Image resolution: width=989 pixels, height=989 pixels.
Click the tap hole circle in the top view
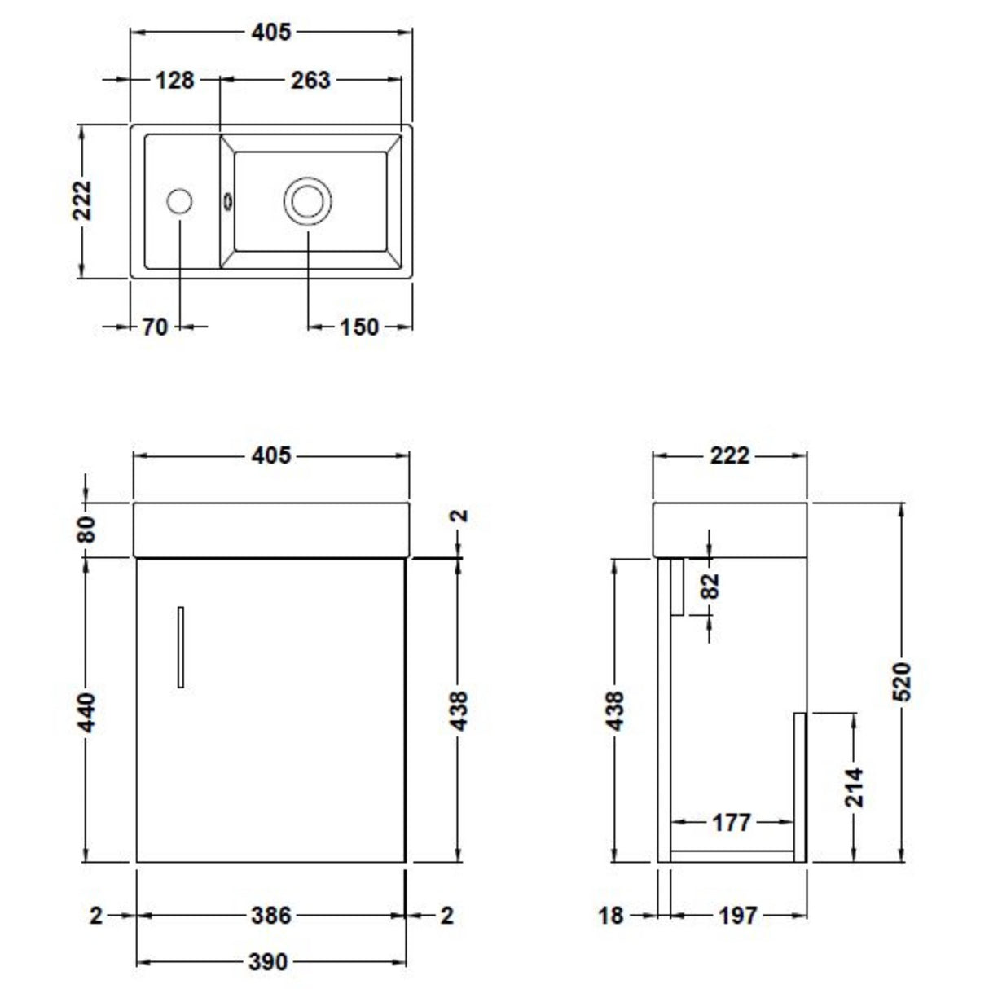click(179, 201)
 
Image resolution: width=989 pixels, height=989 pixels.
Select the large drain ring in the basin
click(307, 200)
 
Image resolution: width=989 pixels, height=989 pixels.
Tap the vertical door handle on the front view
click(180, 647)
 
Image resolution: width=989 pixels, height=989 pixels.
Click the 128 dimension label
click(175, 80)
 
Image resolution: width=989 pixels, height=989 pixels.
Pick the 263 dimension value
click(310, 80)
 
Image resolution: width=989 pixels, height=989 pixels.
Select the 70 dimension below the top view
click(155, 327)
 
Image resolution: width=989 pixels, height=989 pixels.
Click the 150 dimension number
click(358, 327)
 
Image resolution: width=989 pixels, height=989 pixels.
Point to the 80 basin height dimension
click(87, 530)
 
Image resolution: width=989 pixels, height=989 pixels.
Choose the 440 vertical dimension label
click(87, 710)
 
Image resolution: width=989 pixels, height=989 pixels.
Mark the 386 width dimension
click(270, 916)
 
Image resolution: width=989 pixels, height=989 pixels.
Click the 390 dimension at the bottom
click(268, 962)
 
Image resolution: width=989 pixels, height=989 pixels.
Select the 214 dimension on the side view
click(854, 787)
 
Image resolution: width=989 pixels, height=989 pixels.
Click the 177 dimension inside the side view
click(731, 823)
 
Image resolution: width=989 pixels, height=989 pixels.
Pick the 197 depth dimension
click(737, 916)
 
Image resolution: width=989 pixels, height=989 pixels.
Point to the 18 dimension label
click(611, 916)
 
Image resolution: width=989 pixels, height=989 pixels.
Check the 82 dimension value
click(710, 585)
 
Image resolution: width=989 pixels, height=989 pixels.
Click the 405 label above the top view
click(270, 32)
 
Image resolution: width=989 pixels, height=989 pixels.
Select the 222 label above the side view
click(729, 455)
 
